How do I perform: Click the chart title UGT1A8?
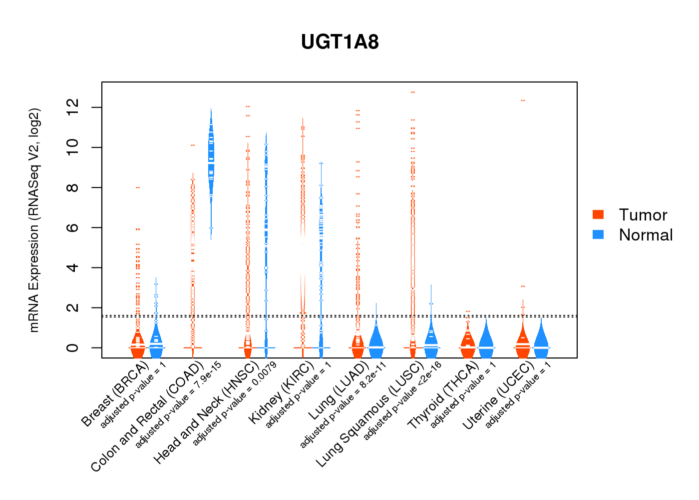pyautogui.click(x=340, y=42)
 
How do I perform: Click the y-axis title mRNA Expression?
pyautogui.click(x=34, y=220)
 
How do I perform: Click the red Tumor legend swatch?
pyautogui.click(x=598, y=214)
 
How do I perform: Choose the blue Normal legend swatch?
pyautogui.click(x=598, y=234)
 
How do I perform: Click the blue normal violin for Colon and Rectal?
pyautogui.click(x=211, y=155)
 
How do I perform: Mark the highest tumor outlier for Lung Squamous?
pyautogui.click(x=413, y=92)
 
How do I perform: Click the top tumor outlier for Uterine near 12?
pyautogui.click(x=523, y=100)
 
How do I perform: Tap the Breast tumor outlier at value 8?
pyautogui.click(x=138, y=187)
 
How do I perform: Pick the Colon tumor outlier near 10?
pyautogui.click(x=193, y=145)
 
